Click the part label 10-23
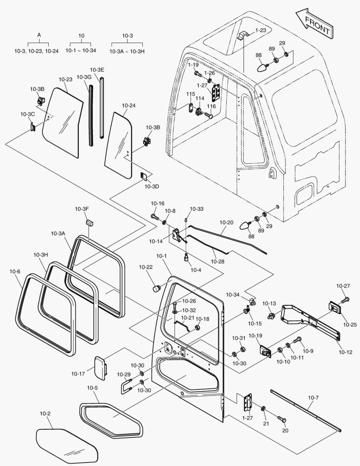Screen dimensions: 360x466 click(66, 79)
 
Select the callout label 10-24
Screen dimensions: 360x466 click(128, 106)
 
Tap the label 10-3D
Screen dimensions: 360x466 click(152, 186)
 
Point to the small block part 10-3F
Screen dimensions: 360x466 click(90, 222)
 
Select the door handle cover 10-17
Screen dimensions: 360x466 click(100, 368)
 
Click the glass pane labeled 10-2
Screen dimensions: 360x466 click(67, 445)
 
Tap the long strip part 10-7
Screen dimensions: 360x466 click(306, 410)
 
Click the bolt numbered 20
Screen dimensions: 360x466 click(282, 419)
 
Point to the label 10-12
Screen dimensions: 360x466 click(345, 352)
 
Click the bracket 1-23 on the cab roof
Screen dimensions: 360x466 click(243, 35)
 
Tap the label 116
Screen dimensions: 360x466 click(211, 106)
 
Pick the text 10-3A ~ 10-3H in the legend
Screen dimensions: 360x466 click(127, 51)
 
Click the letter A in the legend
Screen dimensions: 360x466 click(39, 35)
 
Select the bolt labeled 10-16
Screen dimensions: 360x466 click(154, 216)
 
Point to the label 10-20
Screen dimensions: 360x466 click(227, 222)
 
